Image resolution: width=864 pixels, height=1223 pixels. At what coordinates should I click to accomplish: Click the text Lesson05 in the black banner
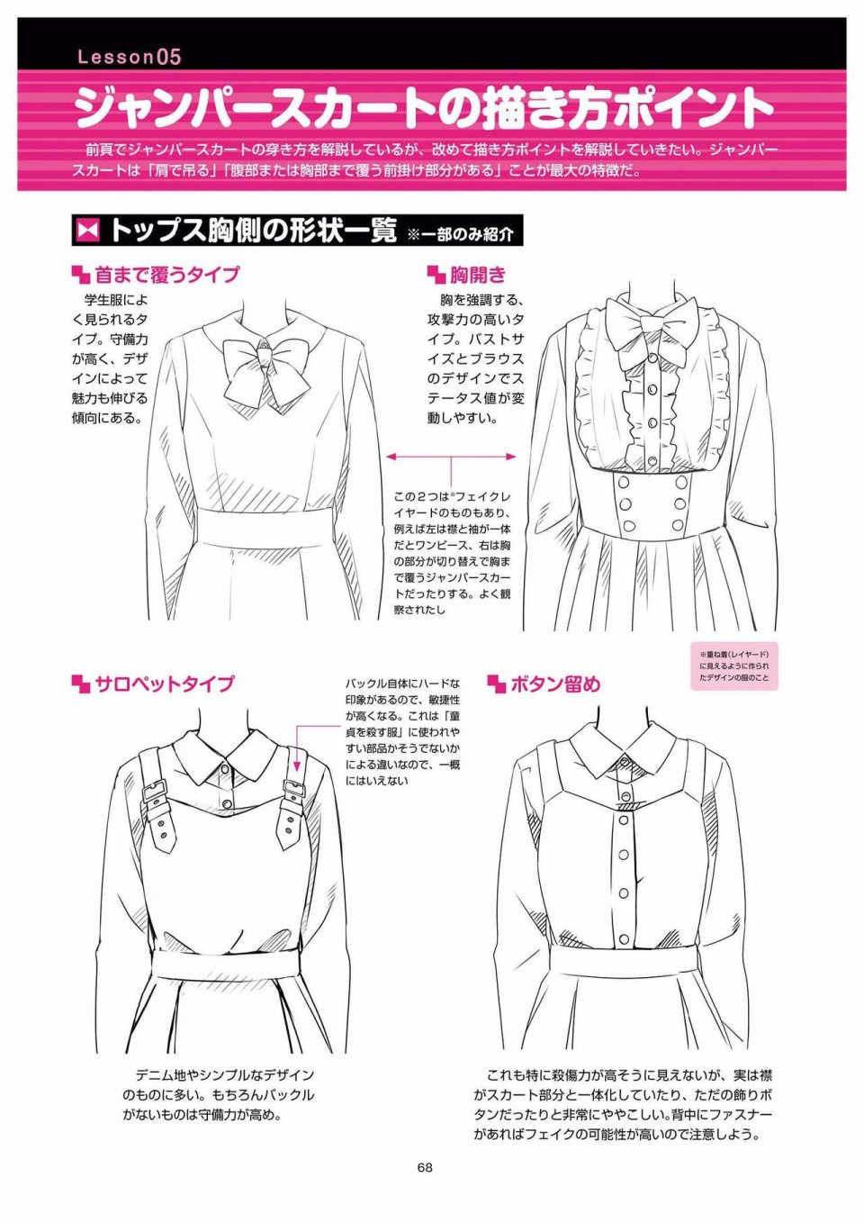(x=130, y=58)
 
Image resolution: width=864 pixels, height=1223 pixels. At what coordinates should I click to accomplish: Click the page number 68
(x=426, y=1168)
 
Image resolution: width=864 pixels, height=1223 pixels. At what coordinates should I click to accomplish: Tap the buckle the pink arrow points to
(x=294, y=788)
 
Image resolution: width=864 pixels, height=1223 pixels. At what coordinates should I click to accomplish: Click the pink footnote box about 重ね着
(x=734, y=666)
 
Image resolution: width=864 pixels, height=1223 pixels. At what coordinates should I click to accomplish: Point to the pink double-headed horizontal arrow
(x=451, y=457)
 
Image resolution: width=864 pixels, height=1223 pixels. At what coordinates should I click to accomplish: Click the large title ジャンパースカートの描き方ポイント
(x=424, y=107)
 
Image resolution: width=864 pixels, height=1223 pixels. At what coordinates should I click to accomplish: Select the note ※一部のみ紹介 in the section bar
(x=460, y=234)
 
